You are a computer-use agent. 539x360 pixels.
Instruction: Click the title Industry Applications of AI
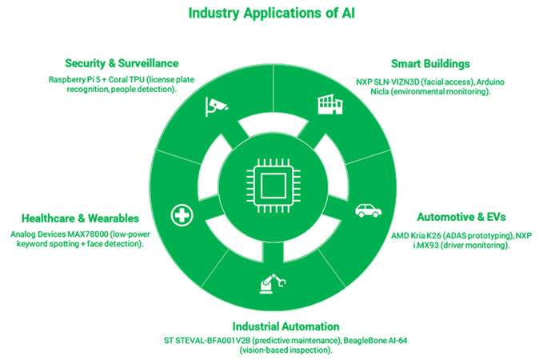[272, 14]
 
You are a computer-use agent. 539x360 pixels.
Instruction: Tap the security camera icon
[216, 106]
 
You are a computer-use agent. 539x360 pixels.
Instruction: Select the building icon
[330, 104]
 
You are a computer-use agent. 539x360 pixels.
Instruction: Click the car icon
[368, 210]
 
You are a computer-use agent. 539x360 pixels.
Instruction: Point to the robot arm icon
[273, 284]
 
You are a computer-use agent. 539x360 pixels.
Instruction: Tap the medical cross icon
[182, 215]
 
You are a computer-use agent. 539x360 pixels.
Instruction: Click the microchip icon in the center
[273, 186]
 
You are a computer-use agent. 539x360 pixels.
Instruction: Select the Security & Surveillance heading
[122, 63]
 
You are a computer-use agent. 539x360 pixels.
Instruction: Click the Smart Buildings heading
[430, 64]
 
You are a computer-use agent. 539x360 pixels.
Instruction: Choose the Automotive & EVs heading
[461, 217]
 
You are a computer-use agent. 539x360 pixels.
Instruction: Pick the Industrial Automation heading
[286, 326]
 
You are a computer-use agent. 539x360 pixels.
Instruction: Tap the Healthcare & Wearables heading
[80, 218]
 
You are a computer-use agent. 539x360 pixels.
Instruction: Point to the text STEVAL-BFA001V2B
[213, 341]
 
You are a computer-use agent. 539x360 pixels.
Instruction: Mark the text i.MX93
[426, 245]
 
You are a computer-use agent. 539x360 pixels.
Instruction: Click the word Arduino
[490, 82]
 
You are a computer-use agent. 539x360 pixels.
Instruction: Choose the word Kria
[418, 235]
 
